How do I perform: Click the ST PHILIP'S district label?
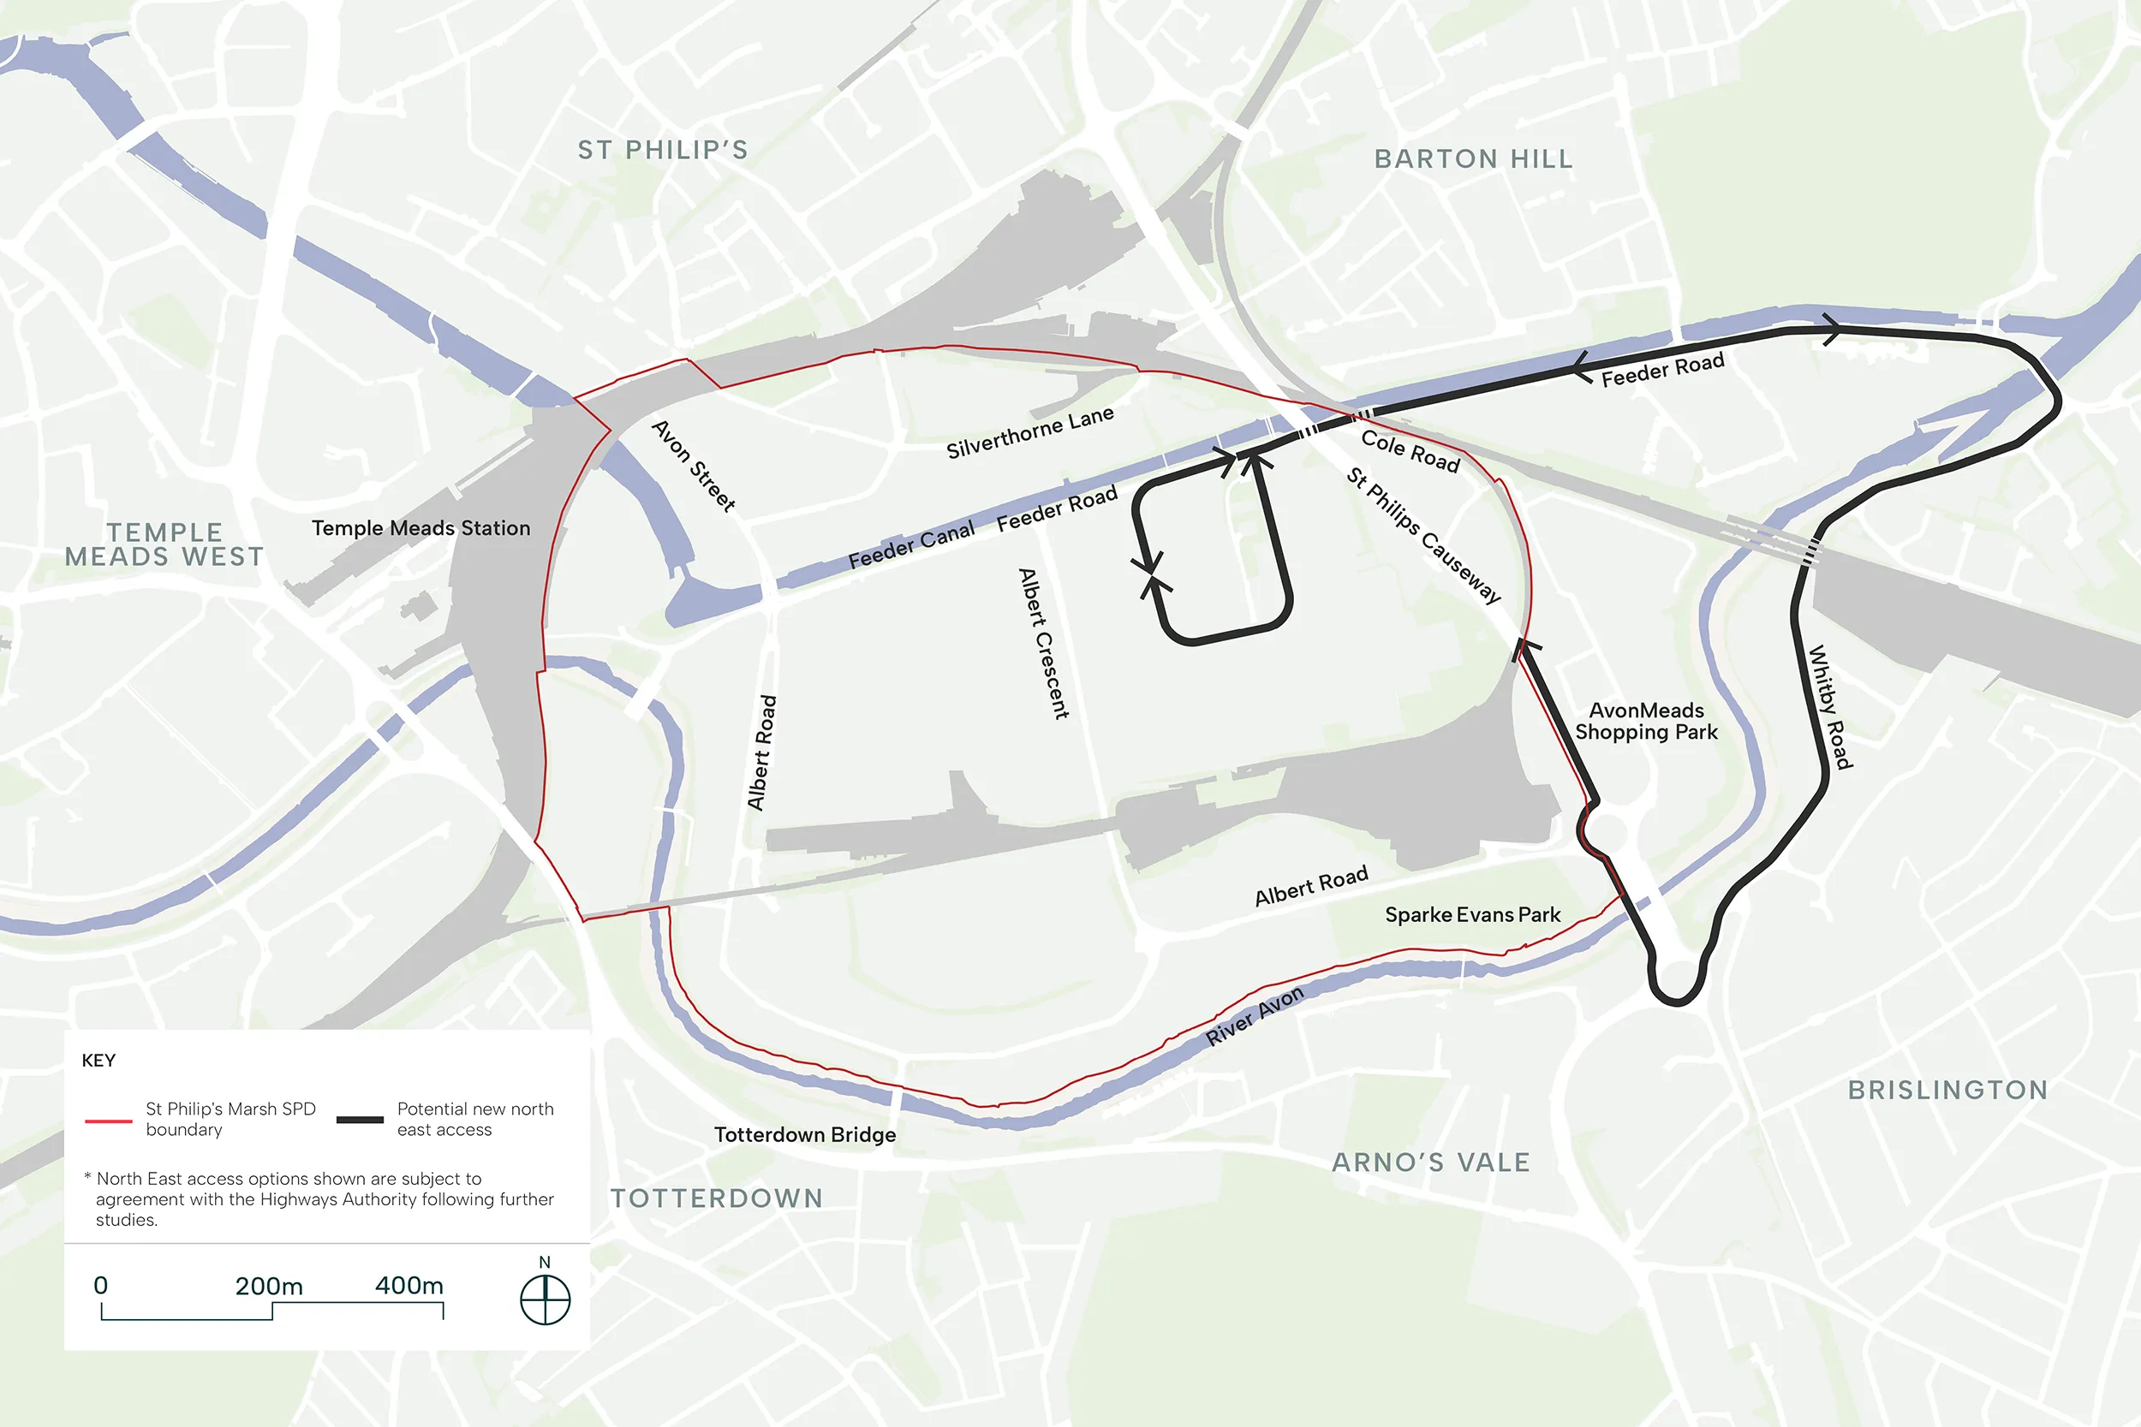pyautogui.click(x=663, y=150)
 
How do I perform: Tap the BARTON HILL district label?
pyautogui.click(x=1473, y=159)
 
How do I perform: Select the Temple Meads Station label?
pyautogui.click(x=420, y=528)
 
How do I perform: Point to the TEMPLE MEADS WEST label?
pyautogui.click(x=164, y=544)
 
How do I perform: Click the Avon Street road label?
pyautogui.click(x=694, y=465)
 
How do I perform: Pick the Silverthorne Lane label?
pyautogui.click(x=1029, y=432)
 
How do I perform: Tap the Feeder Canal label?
pyautogui.click(x=910, y=544)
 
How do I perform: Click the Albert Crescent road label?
pyautogui.click(x=1043, y=644)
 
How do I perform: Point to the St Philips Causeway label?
pyautogui.click(x=1422, y=535)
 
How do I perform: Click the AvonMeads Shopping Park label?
pyautogui.click(x=1646, y=721)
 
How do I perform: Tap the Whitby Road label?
pyautogui.click(x=1829, y=706)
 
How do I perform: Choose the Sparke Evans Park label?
pyautogui.click(x=1472, y=914)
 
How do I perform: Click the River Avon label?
pyautogui.click(x=1255, y=1014)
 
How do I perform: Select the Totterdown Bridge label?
pyautogui.click(x=805, y=1135)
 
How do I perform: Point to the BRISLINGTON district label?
pyautogui.click(x=1947, y=1090)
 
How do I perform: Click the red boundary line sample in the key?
pyautogui.click(x=108, y=1121)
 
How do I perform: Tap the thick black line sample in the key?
pyautogui.click(x=360, y=1120)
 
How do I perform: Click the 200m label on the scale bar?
pyautogui.click(x=269, y=1286)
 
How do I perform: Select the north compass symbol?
pyautogui.click(x=545, y=1299)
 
